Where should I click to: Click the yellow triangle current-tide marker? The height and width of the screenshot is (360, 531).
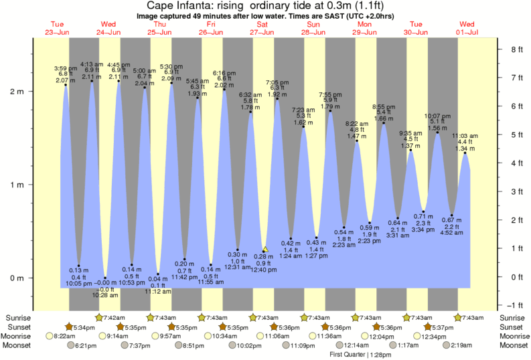coord(265,249)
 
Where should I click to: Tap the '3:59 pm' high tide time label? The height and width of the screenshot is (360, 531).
coord(66,68)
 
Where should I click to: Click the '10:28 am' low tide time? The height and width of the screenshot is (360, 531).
coord(105,295)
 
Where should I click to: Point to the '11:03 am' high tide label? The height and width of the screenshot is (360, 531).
coord(465,136)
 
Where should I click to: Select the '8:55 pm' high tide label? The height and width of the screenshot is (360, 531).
coord(383,106)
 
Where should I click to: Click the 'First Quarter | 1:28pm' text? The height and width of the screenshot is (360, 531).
coord(360,355)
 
